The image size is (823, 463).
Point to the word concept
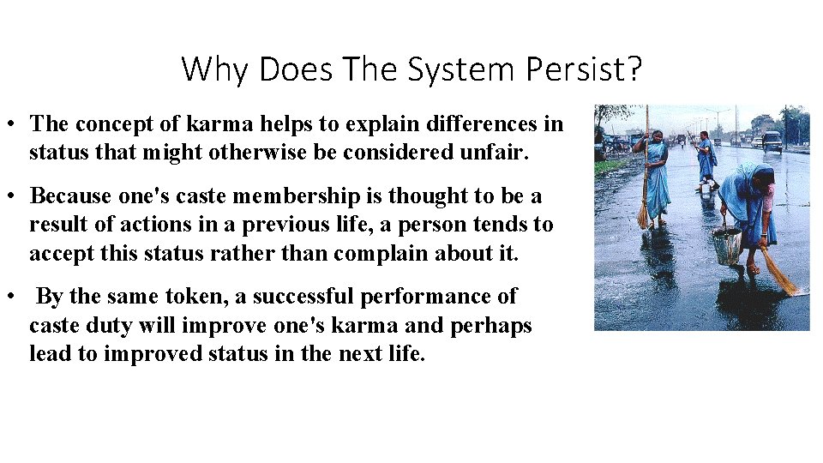pyautogui.click(x=112, y=124)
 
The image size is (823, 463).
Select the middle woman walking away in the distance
pyautogui.click(x=706, y=159)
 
